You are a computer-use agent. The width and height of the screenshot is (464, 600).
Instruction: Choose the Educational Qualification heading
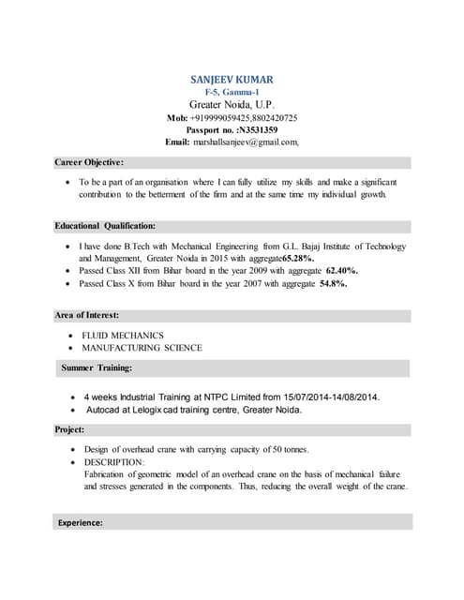click(105, 226)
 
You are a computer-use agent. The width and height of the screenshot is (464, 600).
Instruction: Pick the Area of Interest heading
click(87, 315)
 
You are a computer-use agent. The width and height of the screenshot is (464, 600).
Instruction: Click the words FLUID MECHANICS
click(123, 335)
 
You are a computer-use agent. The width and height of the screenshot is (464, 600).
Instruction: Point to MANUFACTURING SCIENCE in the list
click(142, 348)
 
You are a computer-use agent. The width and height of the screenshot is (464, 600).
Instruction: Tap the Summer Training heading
click(97, 367)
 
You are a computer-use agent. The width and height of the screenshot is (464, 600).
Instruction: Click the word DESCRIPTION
click(113, 462)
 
